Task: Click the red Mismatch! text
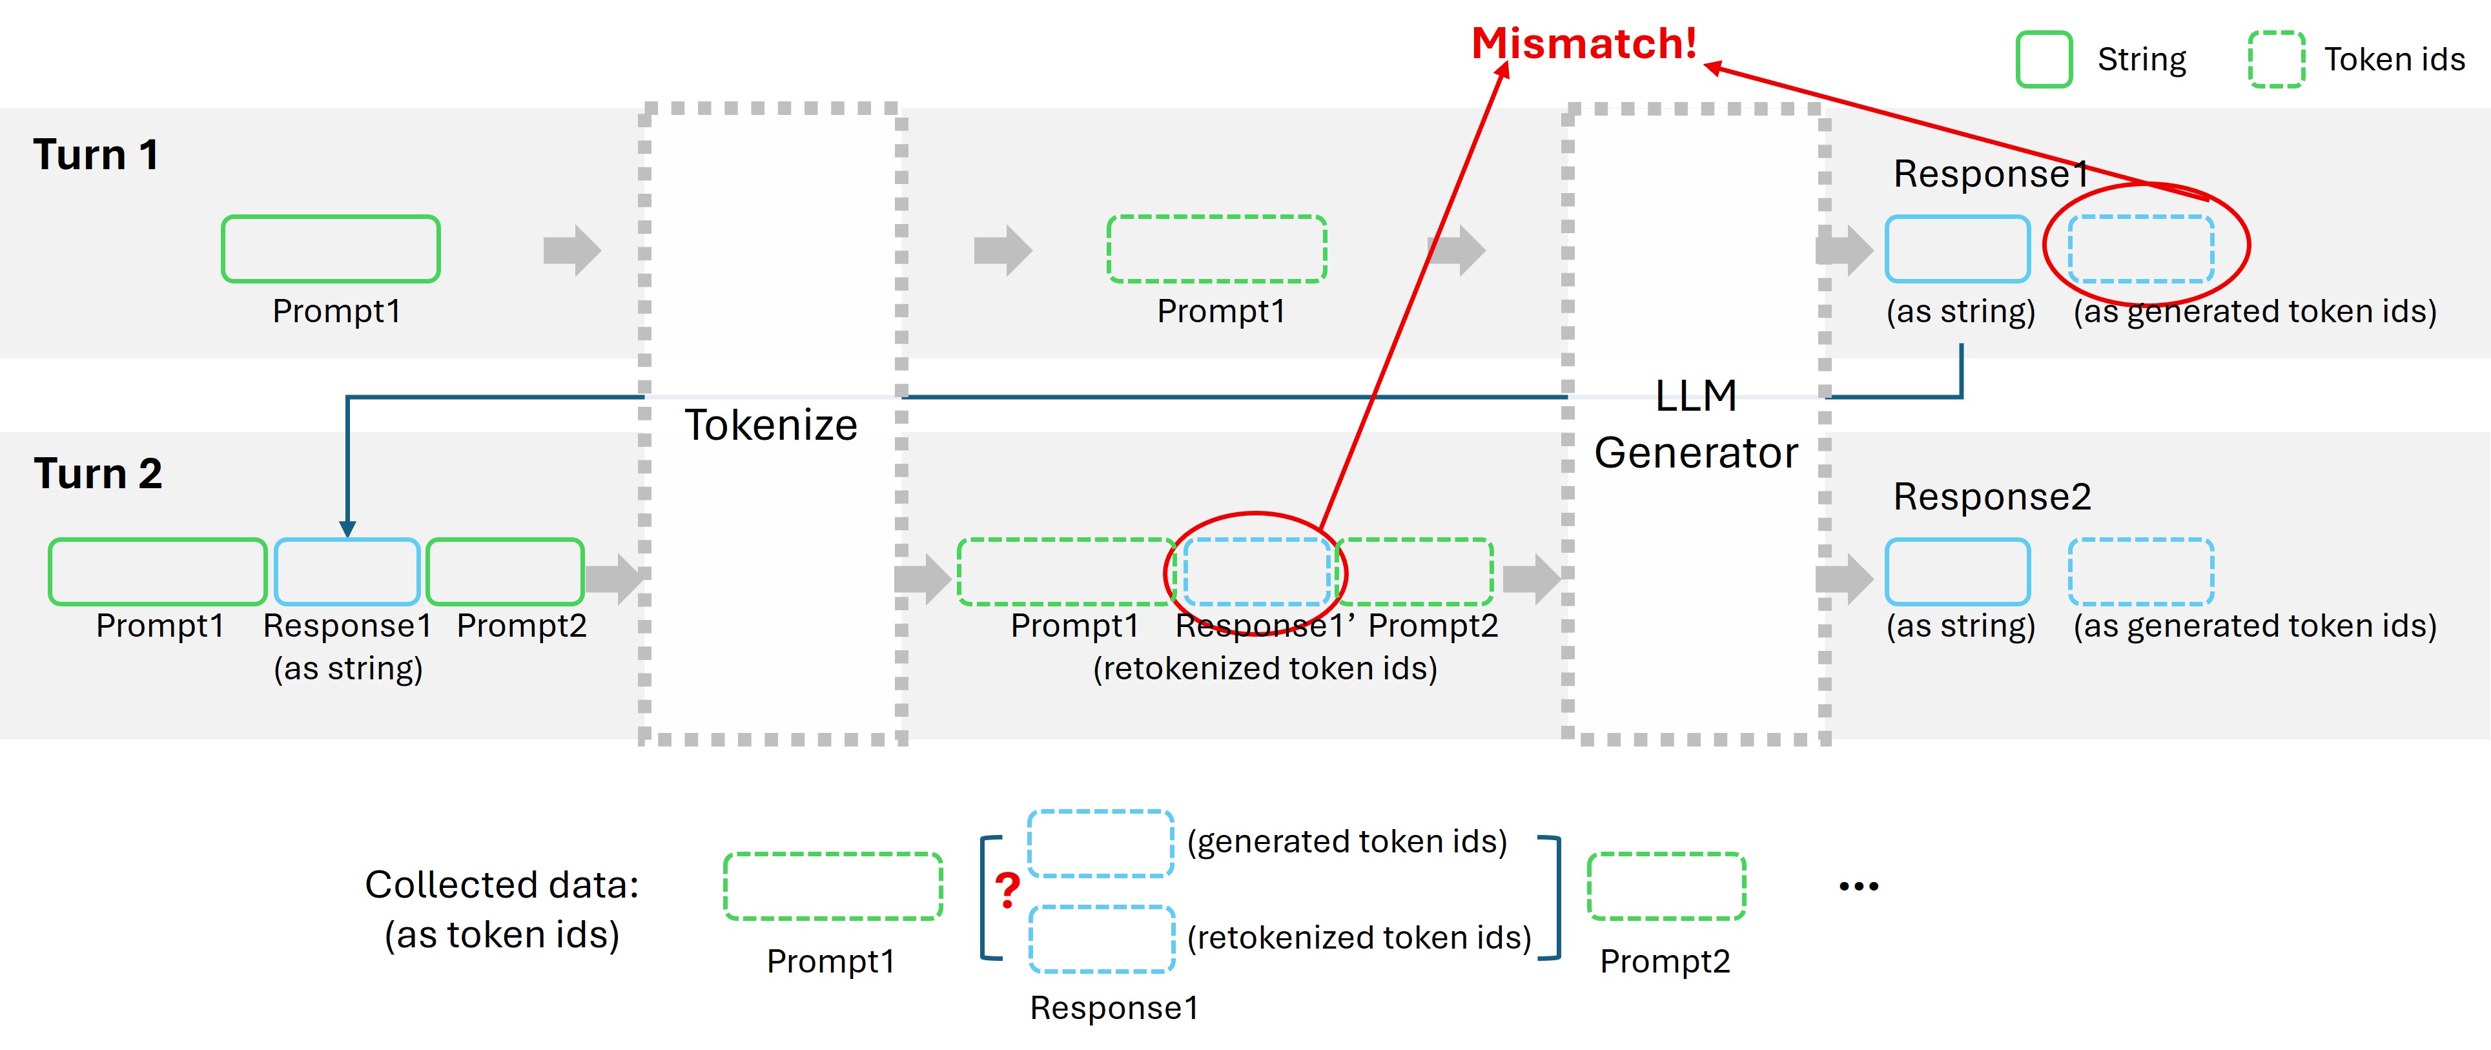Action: [x=1583, y=43]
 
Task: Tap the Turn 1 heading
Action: [x=96, y=155]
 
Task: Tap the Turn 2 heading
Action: [x=97, y=474]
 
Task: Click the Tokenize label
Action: [x=771, y=426]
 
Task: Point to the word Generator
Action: [x=1695, y=453]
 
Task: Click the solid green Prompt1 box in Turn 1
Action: [x=331, y=249]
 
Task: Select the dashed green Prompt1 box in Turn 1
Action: [x=1216, y=249]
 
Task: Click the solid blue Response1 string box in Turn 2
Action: [x=347, y=572]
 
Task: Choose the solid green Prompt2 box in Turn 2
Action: [x=505, y=572]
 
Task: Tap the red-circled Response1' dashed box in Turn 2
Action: [x=1256, y=572]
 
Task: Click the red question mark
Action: [x=1007, y=889]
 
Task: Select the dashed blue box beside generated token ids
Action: [x=1100, y=843]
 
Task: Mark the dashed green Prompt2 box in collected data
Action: [x=1665, y=885]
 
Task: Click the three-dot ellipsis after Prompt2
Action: [x=1858, y=885]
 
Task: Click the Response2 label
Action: [x=1991, y=497]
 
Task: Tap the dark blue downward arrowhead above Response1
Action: [x=347, y=529]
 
